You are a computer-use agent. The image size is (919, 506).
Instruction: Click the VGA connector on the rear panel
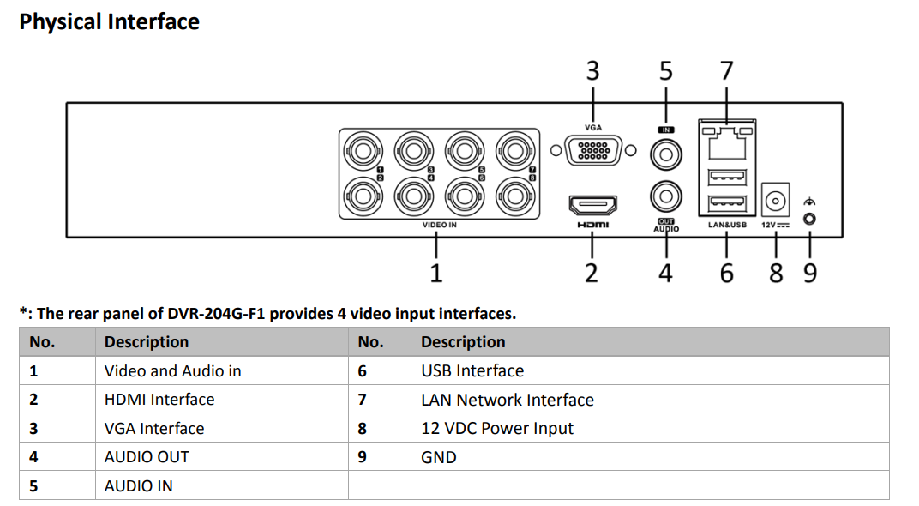pyautogui.click(x=593, y=151)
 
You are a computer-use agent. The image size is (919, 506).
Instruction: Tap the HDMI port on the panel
pyautogui.click(x=592, y=205)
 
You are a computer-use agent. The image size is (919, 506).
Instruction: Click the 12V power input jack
pyautogui.click(x=775, y=201)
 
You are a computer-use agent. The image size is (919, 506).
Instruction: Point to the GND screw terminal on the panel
pyautogui.click(x=808, y=219)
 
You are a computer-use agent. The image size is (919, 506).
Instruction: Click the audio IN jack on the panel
pyautogui.click(x=665, y=155)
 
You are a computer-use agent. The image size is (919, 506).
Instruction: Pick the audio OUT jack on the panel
pyautogui.click(x=665, y=196)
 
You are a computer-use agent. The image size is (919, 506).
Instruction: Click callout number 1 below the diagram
pyautogui.click(x=436, y=273)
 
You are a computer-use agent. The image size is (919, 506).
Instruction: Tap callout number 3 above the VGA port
pyautogui.click(x=592, y=70)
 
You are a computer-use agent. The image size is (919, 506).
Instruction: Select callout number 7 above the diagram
pyautogui.click(x=727, y=70)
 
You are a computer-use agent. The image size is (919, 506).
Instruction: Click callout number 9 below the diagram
pyautogui.click(x=809, y=273)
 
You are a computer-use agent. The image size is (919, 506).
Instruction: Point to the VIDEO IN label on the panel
pyautogui.click(x=440, y=225)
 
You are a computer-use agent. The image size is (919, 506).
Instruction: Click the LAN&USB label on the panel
pyautogui.click(x=728, y=225)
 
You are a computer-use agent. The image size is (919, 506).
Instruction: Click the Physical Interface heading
pyautogui.click(x=109, y=22)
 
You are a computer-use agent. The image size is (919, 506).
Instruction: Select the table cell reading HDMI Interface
pyautogui.click(x=159, y=400)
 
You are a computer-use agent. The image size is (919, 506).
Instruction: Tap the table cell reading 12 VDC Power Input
pyautogui.click(x=497, y=428)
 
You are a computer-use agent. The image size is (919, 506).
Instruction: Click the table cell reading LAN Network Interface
pyautogui.click(x=508, y=400)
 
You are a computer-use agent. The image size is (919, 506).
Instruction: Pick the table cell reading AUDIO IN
pyautogui.click(x=138, y=485)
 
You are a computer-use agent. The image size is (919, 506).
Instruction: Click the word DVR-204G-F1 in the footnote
pyautogui.click(x=216, y=314)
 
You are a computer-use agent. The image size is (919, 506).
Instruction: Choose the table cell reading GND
pyautogui.click(x=439, y=457)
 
